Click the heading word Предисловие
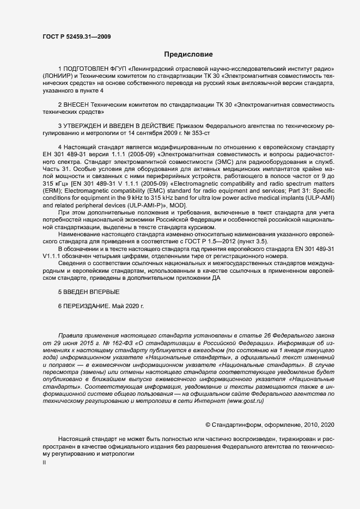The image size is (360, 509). coord(188,54)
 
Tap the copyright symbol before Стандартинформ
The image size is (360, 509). coord(208,424)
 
